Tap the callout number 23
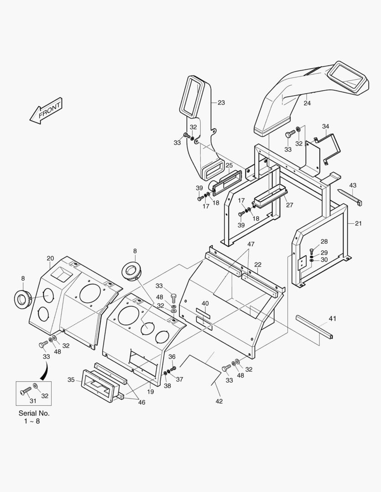pos(221,103)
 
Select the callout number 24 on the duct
pos(307,103)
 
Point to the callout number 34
pos(325,126)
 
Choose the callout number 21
pos(358,223)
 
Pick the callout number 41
pos(332,319)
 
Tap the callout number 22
pos(258,265)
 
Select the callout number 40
pos(205,303)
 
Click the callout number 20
pos(50,259)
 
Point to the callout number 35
pos(71,379)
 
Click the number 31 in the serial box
pos(32,401)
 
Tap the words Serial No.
pos(34,413)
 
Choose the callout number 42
pos(219,401)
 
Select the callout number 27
pos(289,205)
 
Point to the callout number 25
pos(229,165)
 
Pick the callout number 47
pos(251,244)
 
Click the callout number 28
pos(324,241)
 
